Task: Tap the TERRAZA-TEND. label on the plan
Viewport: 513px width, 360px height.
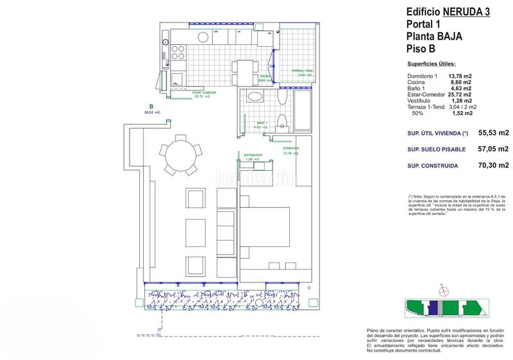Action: pyautogui.click(x=300, y=72)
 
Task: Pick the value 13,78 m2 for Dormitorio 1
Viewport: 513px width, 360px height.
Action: pyautogui.click(x=460, y=76)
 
